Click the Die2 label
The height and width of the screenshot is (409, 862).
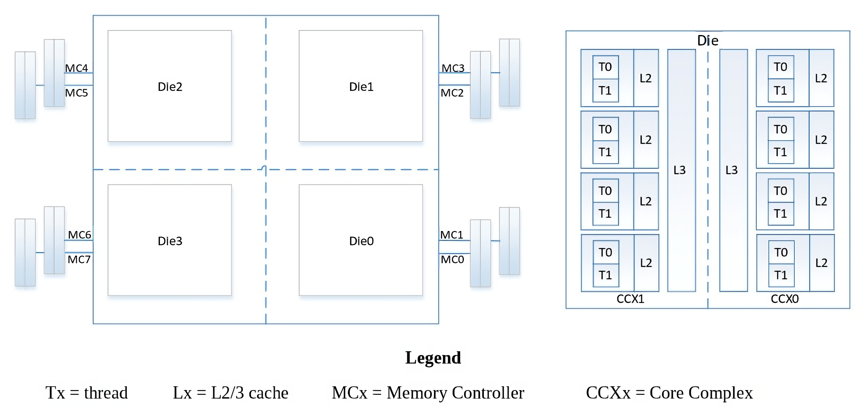pos(170,87)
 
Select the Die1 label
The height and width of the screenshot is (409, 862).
pos(361,87)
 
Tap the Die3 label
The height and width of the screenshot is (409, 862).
pos(170,241)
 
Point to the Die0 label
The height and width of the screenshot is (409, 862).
pos(361,241)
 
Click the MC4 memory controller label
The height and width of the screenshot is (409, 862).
pos(76,68)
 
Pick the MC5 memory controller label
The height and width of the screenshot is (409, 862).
pos(76,93)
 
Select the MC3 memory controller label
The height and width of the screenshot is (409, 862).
pos(453,68)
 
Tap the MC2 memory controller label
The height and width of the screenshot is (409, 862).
pos(452,93)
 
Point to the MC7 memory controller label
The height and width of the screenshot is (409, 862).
pos(79,259)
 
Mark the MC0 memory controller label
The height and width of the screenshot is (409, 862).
pos(452,259)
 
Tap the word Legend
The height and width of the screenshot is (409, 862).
pos(433,358)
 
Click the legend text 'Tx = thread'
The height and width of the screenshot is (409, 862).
pos(87,393)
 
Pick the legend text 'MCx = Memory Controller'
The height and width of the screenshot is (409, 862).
pos(428,393)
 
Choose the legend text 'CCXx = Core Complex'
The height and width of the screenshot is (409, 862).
pos(669,393)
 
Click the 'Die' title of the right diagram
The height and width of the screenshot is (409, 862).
pos(708,40)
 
